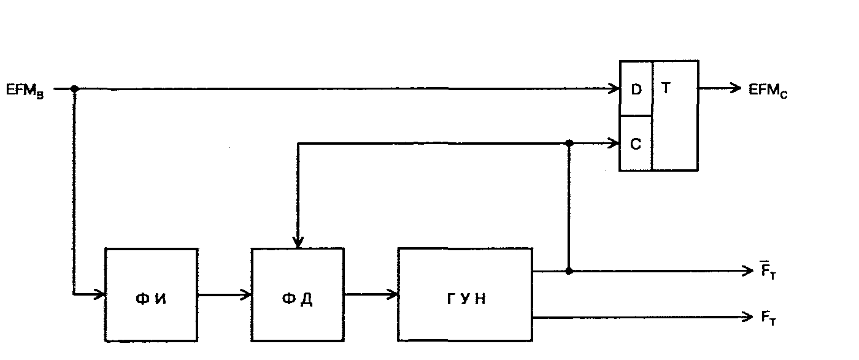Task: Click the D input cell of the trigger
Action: click(x=636, y=89)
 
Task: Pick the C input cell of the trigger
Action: click(x=636, y=144)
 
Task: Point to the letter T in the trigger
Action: click(x=667, y=88)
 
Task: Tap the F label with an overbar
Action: click(x=768, y=271)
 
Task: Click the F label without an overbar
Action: click(x=768, y=318)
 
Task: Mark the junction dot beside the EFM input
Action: click(x=74, y=89)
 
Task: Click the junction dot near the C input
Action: click(x=569, y=143)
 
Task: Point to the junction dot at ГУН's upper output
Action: click(x=569, y=270)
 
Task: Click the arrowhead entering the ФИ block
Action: click(x=101, y=294)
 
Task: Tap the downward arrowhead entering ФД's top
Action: click(x=298, y=243)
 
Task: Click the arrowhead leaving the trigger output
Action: click(x=736, y=88)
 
